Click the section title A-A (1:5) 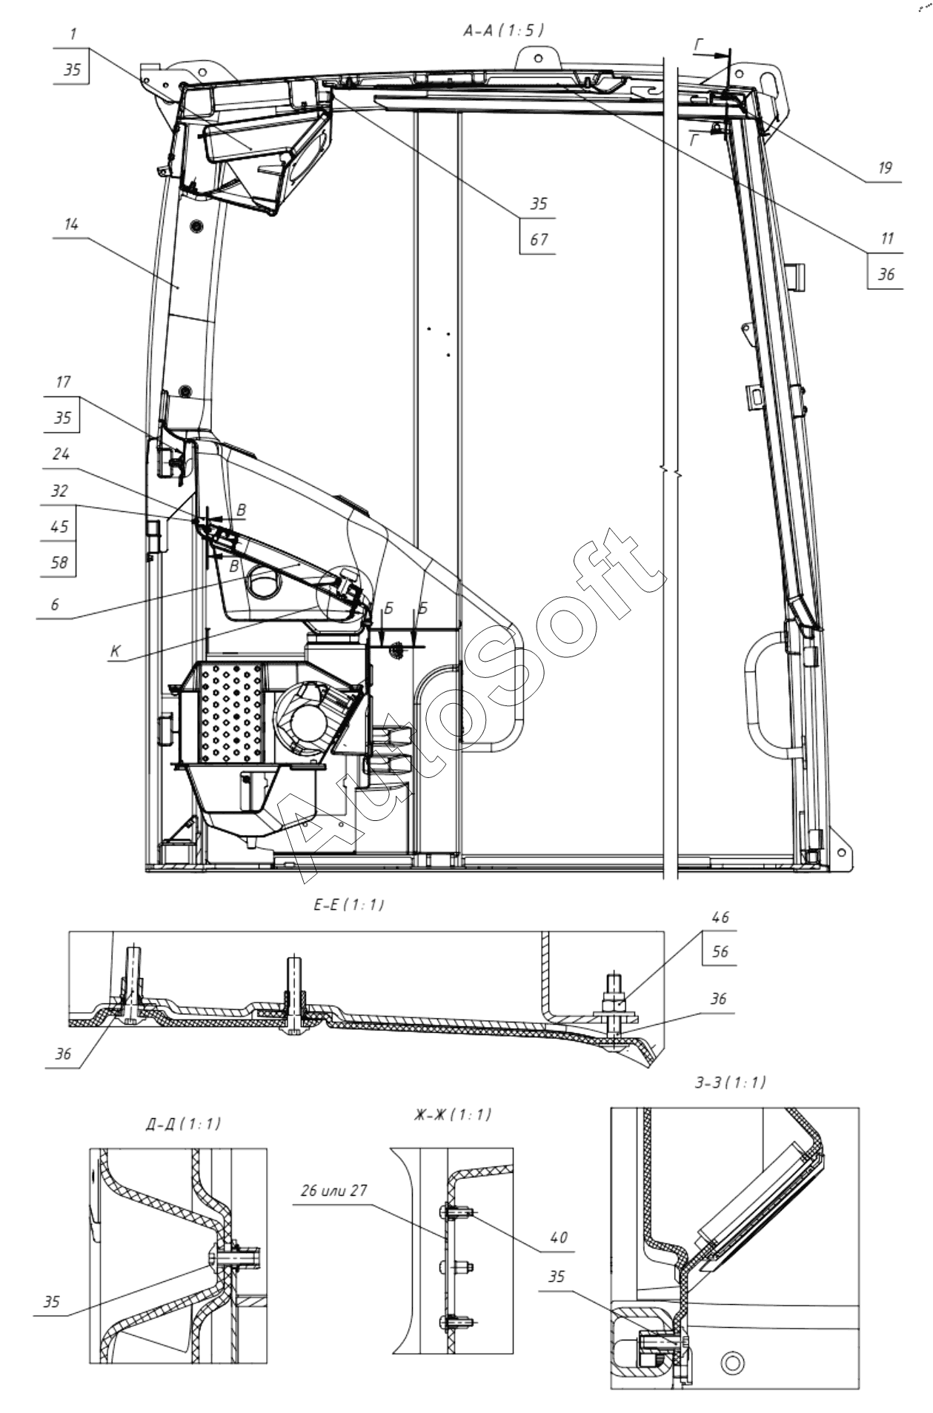pyautogui.click(x=503, y=30)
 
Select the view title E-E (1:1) pyautogui.click(x=348, y=905)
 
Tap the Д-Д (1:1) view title pyautogui.click(x=183, y=1124)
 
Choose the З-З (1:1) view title pyautogui.click(x=730, y=1083)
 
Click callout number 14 pyautogui.click(x=71, y=225)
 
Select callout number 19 pyautogui.click(x=885, y=168)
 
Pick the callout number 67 pyautogui.click(x=539, y=239)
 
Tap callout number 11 pyautogui.click(x=887, y=239)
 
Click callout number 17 pyautogui.click(x=63, y=382)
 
